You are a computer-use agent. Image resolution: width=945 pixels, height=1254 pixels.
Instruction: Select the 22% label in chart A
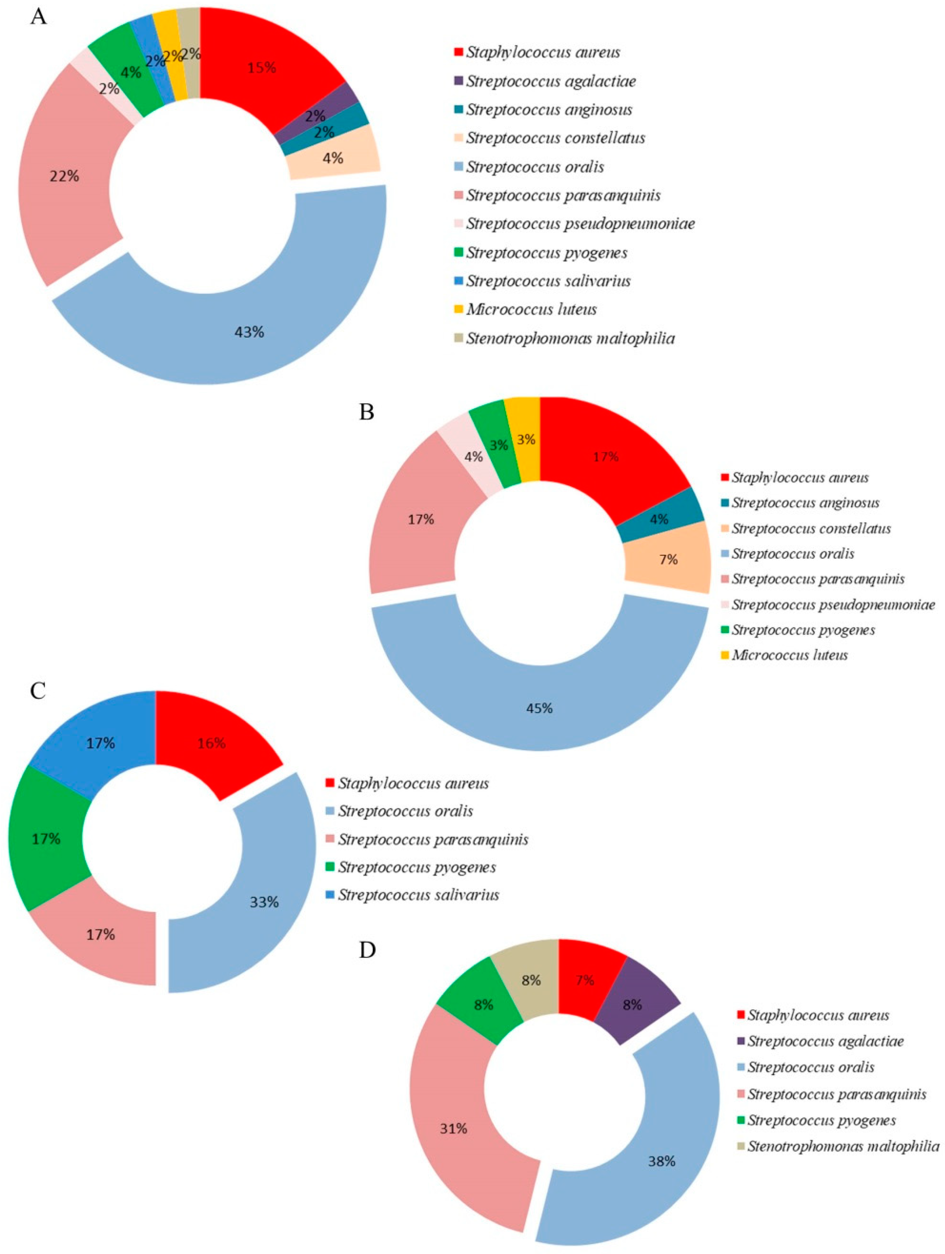pyautogui.click(x=64, y=176)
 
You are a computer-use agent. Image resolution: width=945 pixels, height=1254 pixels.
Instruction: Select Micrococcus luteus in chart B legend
pyautogui.click(x=789, y=655)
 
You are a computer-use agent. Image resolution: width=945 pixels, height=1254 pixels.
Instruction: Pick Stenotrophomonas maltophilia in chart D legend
pyautogui.click(x=843, y=1146)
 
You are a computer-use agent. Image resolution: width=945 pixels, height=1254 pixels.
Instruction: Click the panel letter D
pyautogui.click(x=367, y=950)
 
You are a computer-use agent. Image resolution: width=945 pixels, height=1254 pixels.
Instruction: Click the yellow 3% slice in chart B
pyautogui.click(x=526, y=439)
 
